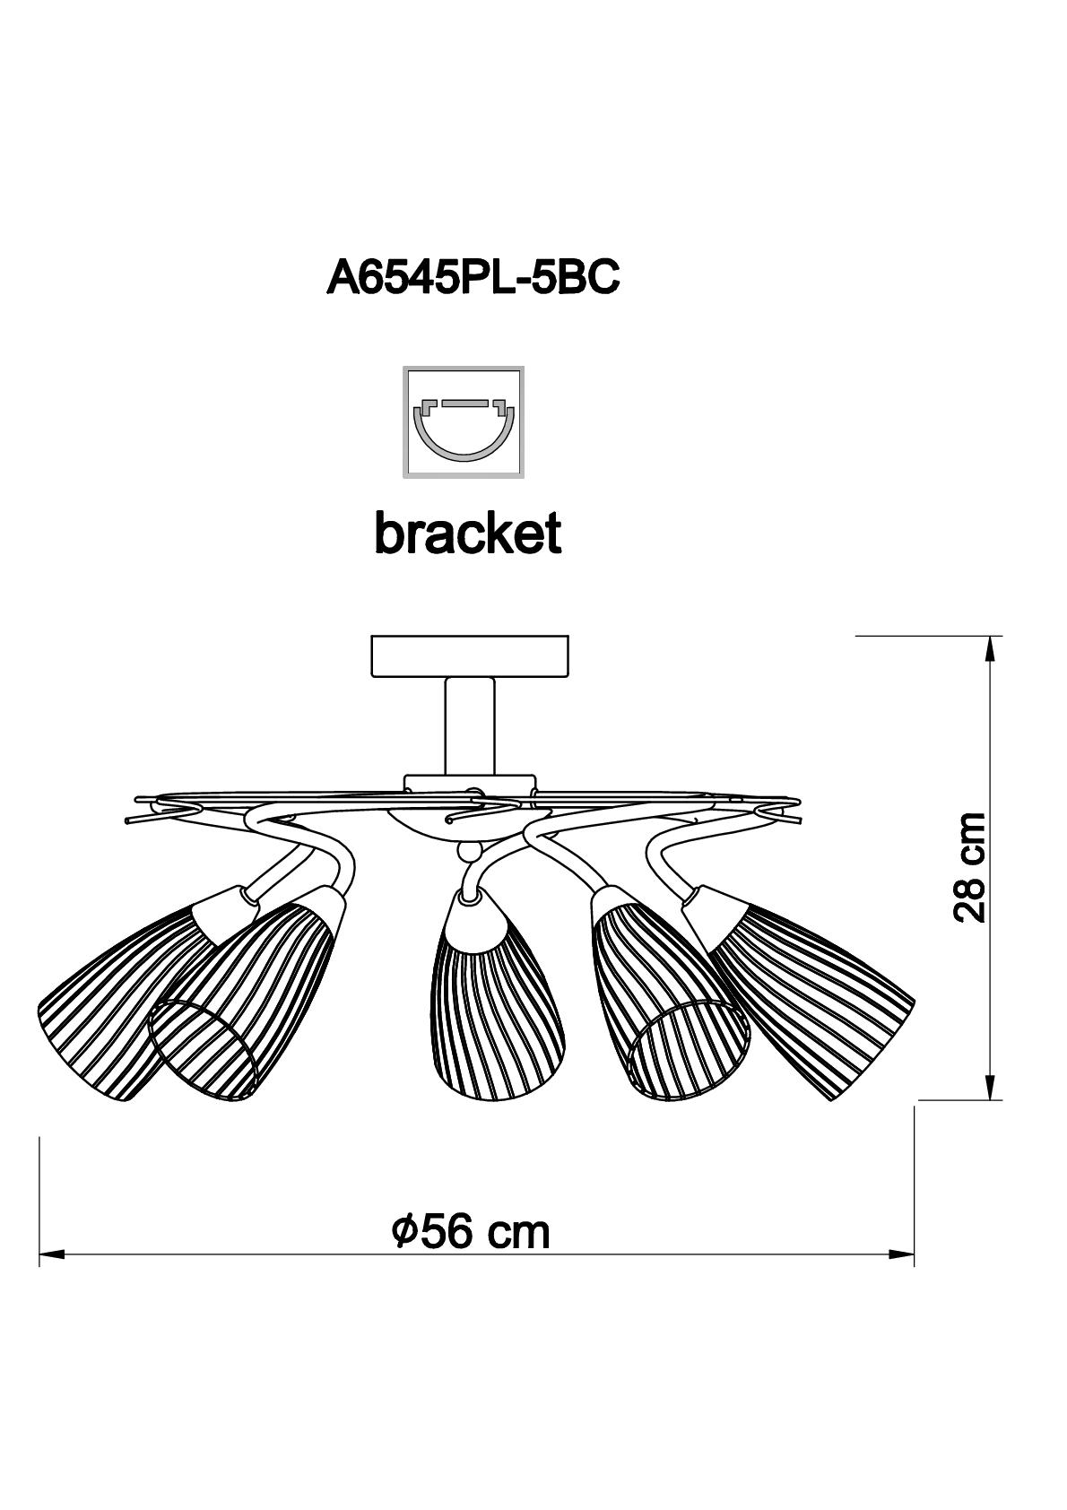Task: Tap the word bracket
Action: (468, 534)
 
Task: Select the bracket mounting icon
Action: (464, 422)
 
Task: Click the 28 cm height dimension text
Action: (969, 867)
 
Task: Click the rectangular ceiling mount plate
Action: (470, 655)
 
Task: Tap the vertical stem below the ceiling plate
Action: (470, 726)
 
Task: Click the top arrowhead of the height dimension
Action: (989, 649)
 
